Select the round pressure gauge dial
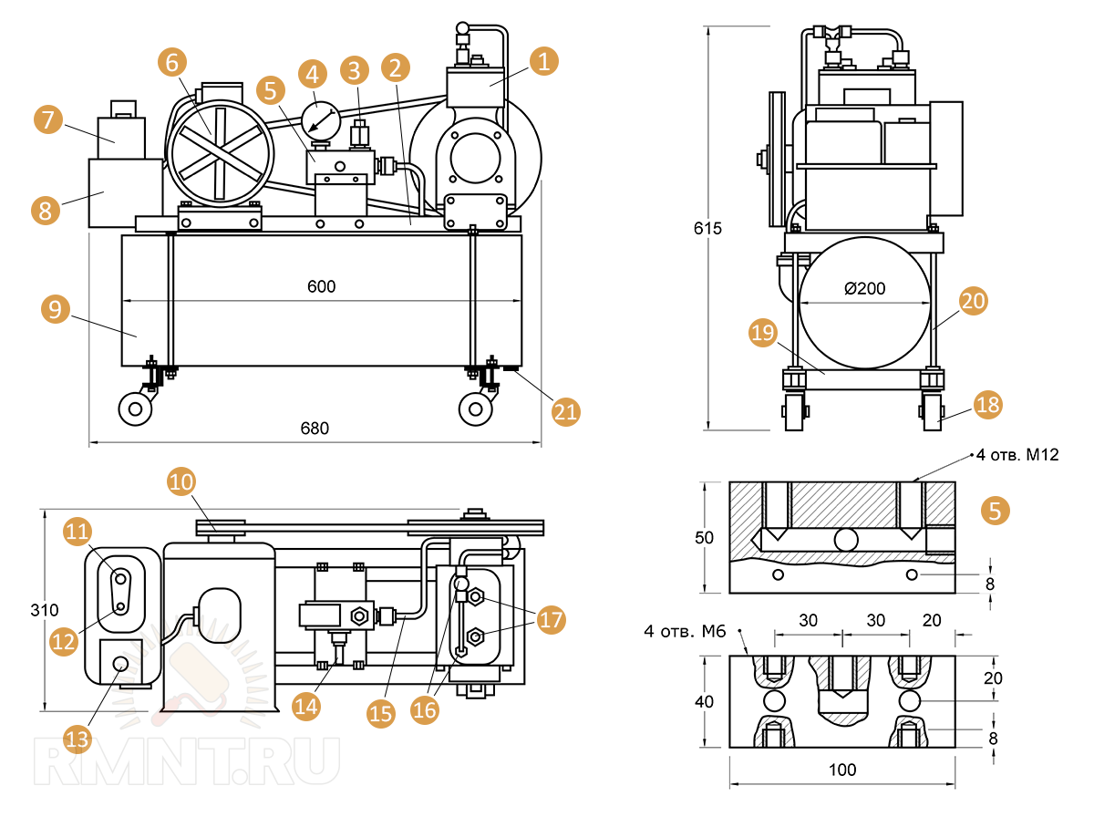pos(320,118)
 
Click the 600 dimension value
pos(321,286)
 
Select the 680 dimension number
pos(315,428)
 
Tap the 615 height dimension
pos(707,229)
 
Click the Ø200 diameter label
pos(865,289)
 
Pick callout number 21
pos(566,410)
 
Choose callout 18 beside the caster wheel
pos(986,404)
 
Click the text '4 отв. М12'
pos(1017,455)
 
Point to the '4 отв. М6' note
pos(684,631)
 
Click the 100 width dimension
pos(842,770)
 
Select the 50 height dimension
pos(704,538)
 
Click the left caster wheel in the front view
pos(136,408)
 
